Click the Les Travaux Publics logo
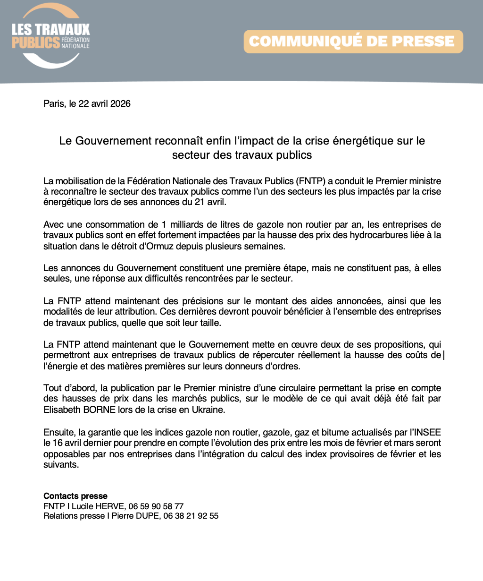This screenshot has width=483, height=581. pyautogui.click(x=50, y=35)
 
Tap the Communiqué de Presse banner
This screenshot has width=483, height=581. pyautogui.click(x=353, y=42)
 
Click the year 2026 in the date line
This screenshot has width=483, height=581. pyautogui.click(x=120, y=103)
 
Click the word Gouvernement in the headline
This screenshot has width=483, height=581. pyautogui.click(x=113, y=141)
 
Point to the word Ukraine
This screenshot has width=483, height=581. pyautogui.click(x=208, y=410)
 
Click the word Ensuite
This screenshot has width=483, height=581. pyautogui.click(x=59, y=432)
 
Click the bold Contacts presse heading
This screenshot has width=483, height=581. pyautogui.click(x=75, y=496)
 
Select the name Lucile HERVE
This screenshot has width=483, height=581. pyautogui.click(x=99, y=506)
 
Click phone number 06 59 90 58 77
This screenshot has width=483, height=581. pyautogui.click(x=156, y=506)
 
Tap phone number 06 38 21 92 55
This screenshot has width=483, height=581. pyautogui.click(x=191, y=516)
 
